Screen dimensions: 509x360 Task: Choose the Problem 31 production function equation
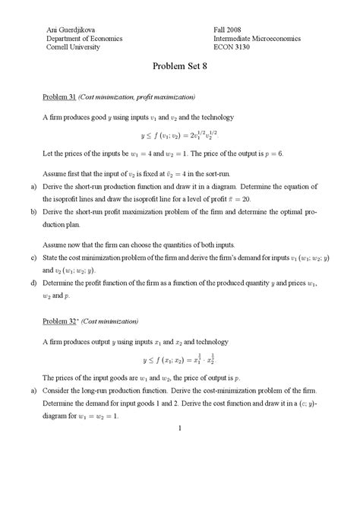179,135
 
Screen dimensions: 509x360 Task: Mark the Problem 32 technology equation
179,359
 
